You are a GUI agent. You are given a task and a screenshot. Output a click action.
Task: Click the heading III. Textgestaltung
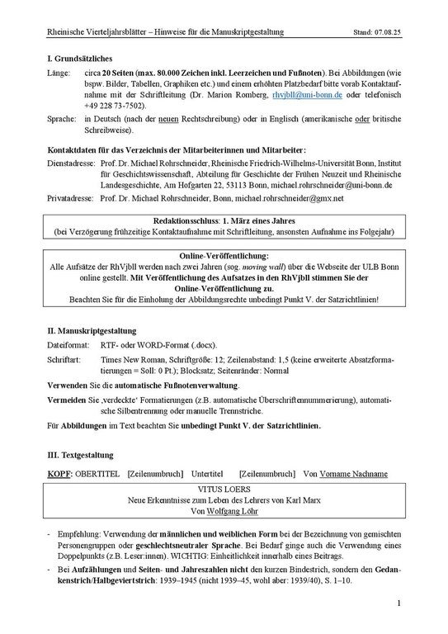(80, 454)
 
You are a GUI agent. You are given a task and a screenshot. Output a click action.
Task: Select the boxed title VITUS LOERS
(224, 489)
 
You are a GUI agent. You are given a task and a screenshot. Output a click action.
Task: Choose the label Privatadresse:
(72, 199)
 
